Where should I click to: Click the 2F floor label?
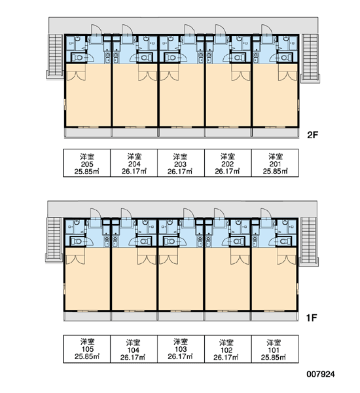click(x=312, y=135)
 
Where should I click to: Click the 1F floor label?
click(x=312, y=318)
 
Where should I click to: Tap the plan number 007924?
click(x=321, y=374)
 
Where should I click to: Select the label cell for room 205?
click(x=86, y=163)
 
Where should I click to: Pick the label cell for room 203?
click(x=181, y=163)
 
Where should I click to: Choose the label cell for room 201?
click(x=275, y=163)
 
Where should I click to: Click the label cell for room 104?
click(x=134, y=349)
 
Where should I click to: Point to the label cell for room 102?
click(x=228, y=349)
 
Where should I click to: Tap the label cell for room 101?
click(x=275, y=349)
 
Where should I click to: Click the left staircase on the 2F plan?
click(x=56, y=55)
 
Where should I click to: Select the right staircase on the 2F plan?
click(x=310, y=57)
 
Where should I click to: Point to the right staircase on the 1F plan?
click(x=309, y=240)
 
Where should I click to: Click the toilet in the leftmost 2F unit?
click(x=78, y=58)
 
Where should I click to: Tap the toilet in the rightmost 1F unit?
click(x=284, y=241)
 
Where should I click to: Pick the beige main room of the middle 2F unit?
click(x=181, y=95)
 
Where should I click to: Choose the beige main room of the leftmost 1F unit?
click(x=87, y=279)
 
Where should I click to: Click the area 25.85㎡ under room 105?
click(x=86, y=356)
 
